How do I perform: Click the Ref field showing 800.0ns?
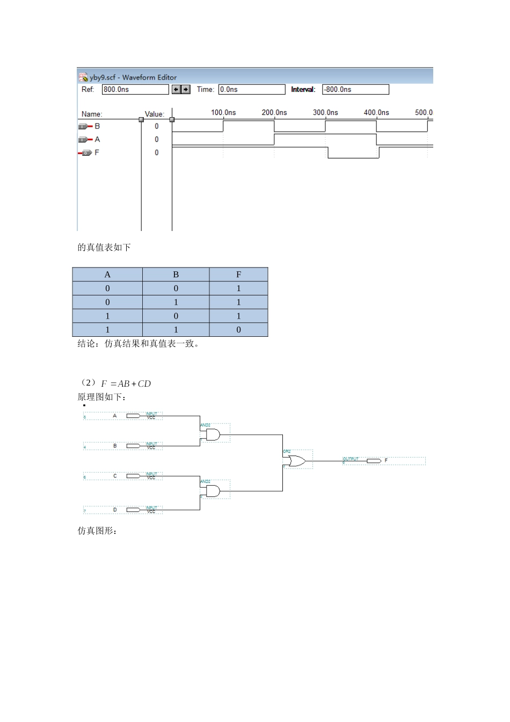135,90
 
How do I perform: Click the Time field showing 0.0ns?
251,90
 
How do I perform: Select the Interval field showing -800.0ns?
355,90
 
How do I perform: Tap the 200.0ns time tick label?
274,113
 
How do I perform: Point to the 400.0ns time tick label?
376,113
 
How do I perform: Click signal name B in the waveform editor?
97,126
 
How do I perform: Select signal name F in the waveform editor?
97,153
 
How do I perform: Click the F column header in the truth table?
238,275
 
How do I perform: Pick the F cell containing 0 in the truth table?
238,330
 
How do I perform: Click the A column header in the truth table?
107,275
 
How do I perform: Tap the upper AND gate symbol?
213,435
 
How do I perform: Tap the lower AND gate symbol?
213,491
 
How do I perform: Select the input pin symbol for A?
133,416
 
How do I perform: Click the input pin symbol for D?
133,510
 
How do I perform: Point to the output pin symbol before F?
374,461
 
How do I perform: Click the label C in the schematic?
115,476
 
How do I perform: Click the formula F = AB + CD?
126,384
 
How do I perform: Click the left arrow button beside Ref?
176,90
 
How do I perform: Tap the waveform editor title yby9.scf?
133,77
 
